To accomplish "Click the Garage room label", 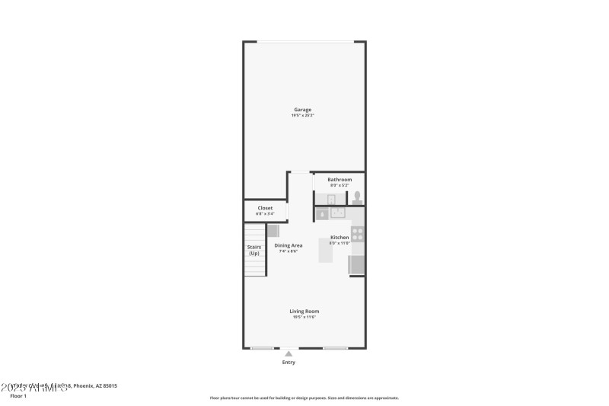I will click(x=303, y=110).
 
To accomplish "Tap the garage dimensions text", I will click(x=303, y=116).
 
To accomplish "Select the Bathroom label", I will click(x=340, y=180).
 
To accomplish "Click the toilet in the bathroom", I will click(x=356, y=197).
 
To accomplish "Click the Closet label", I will click(x=265, y=208).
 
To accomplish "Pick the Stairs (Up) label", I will click(x=254, y=250).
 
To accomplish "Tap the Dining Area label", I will click(x=289, y=245).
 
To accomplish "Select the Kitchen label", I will click(x=340, y=238).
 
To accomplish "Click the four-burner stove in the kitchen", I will click(x=357, y=234).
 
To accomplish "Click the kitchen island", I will click(x=326, y=252).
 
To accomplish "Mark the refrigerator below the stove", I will click(x=356, y=264).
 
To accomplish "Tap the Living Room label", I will click(x=304, y=311).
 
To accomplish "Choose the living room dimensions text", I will click(x=304, y=317).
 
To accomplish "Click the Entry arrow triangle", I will click(x=289, y=353).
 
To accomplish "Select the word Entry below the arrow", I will click(x=289, y=363).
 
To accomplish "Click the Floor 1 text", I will click(x=18, y=396).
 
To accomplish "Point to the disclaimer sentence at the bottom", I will click(x=304, y=398).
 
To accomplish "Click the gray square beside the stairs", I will click(x=273, y=230).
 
